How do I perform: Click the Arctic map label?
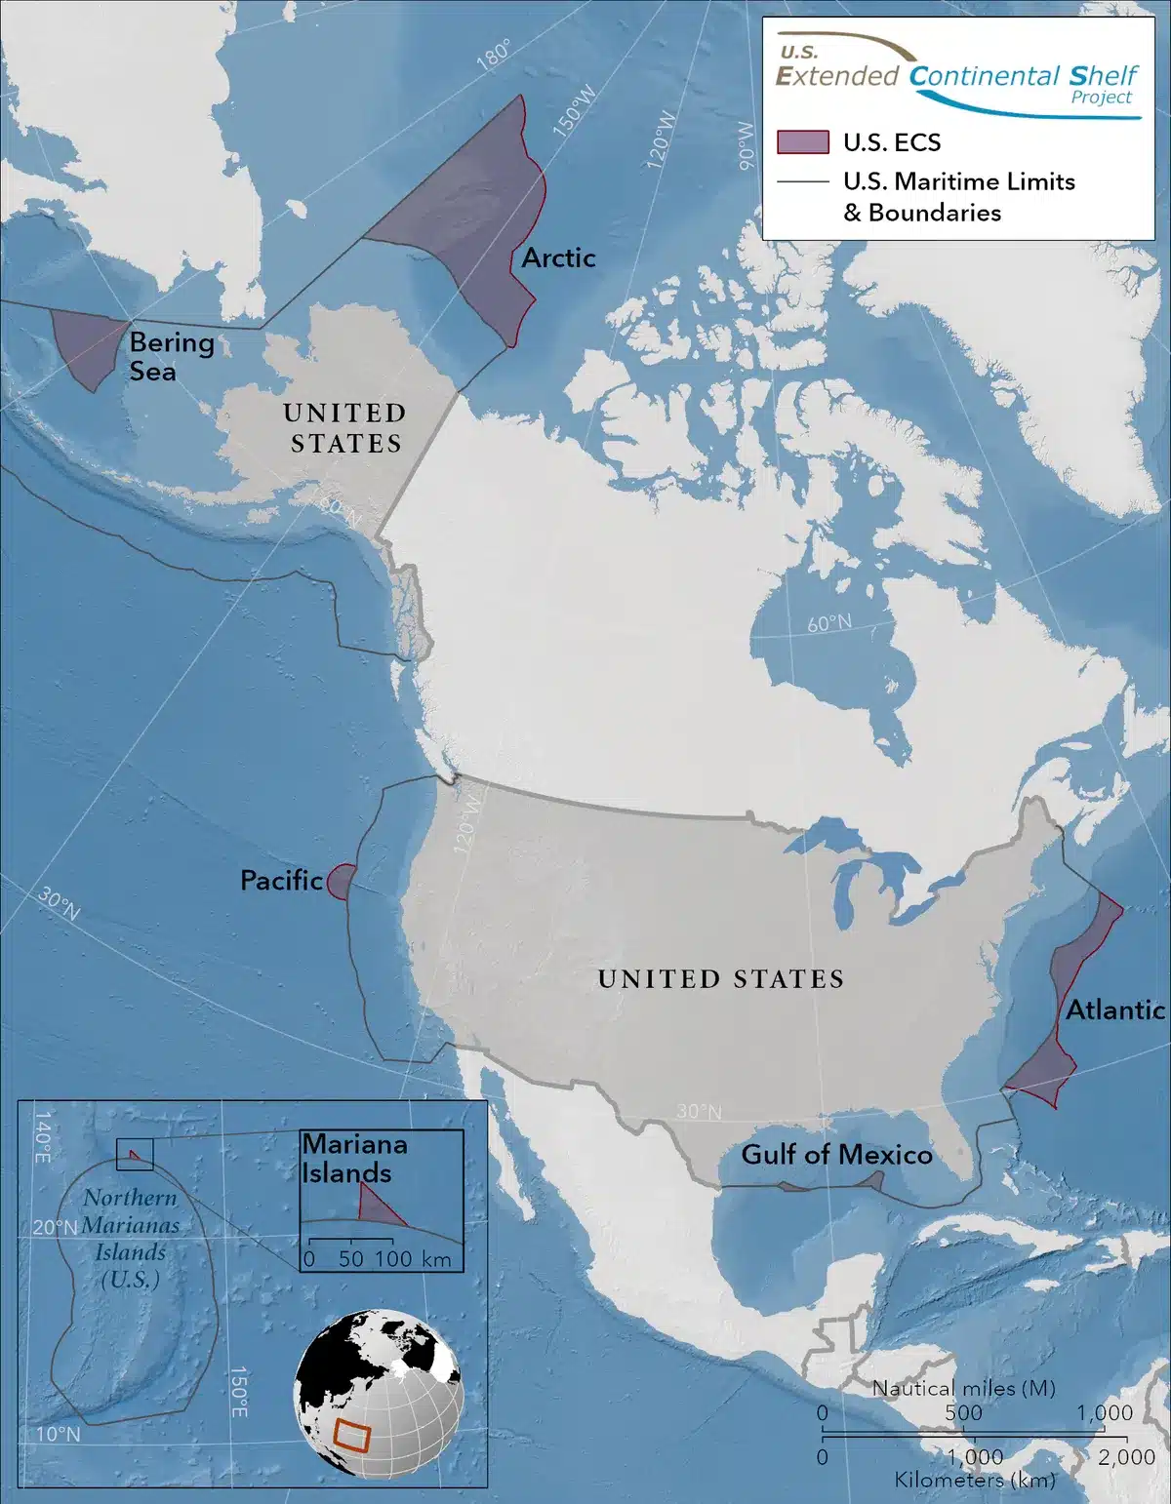tap(558, 258)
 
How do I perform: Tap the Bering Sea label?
tap(171, 356)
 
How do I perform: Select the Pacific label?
tap(281, 881)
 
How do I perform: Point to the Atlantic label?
tap(1114, 1009)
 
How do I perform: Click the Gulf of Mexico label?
tap(836, 1155)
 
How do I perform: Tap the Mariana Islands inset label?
tap(353, 1158)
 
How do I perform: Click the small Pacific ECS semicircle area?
tap(339, 882)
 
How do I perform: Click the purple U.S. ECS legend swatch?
tap(802, 142)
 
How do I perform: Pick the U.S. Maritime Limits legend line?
tap(802, 182)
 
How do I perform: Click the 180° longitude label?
tap(494, 56)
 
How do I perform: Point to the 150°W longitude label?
tap(574, 109)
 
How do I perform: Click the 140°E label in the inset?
tap(44, 1136)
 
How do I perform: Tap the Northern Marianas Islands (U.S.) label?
tap(130, 1239)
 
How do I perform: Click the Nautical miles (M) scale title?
tap(963, 1388)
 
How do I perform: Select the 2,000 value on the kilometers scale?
tap(1126, 1456)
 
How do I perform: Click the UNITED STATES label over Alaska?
tap(345, 428)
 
